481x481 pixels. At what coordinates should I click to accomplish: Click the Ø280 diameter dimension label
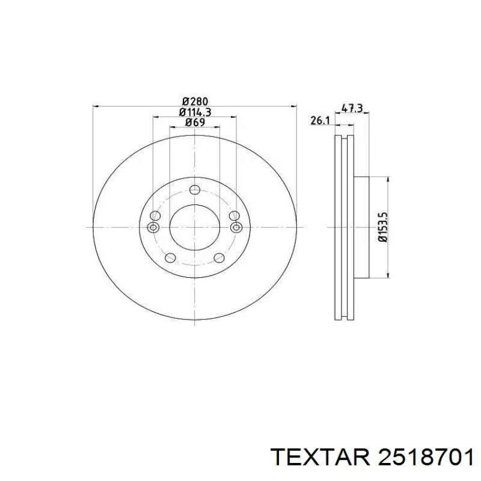(x=195, y=101)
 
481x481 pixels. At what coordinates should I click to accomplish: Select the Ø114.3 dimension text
(x=195, y=112)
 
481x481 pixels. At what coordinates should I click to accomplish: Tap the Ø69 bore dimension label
(x=195, y=122)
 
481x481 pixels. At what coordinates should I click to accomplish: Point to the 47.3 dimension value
(x=352, y=108)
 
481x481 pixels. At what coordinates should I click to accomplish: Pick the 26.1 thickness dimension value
(x=320, y=121)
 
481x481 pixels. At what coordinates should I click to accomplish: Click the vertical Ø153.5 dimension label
(x=384, y=227)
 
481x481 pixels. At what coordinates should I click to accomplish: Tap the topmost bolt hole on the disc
(x=195, y=190)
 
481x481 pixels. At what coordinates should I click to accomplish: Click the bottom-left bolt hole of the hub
(x=170, y=257)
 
